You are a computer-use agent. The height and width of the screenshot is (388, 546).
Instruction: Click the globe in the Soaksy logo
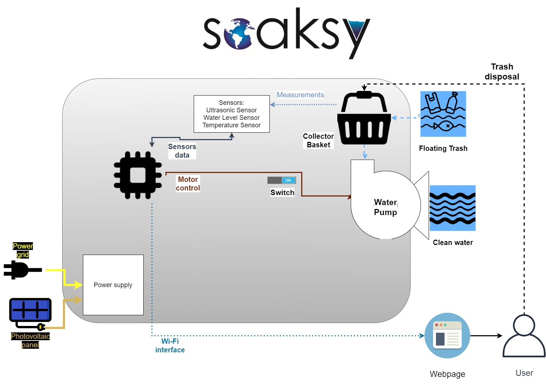coord(239,34)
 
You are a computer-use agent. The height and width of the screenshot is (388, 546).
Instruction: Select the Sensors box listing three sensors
coord(232,114)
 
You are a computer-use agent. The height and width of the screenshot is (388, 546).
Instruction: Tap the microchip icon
coord(138,175)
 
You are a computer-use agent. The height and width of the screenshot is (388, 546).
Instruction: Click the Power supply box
coord(113,285)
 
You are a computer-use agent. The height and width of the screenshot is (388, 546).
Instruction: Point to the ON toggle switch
coord(282,180)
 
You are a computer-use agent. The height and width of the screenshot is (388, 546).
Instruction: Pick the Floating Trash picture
coord(443,114)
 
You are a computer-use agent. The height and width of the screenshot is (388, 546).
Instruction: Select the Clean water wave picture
coord(452,208)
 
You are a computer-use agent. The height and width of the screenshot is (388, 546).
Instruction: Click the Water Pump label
coord(385,207)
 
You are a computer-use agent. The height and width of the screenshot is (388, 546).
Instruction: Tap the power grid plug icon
coord(21,270)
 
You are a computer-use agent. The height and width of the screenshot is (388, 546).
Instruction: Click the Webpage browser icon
coord(447,336)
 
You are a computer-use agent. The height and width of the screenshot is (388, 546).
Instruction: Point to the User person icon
coord(524,336)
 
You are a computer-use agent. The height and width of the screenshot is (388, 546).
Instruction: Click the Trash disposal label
coord(502,72)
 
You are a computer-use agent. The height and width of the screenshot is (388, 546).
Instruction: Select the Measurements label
coord(300,95)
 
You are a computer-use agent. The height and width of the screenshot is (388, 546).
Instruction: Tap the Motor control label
coord(188,184)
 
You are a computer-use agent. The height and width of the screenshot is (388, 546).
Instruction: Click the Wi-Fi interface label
coord(170,346)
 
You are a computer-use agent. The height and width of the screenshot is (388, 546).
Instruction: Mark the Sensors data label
coord(182,151)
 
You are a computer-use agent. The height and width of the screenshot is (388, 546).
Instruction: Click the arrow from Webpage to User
coord(486,336)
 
